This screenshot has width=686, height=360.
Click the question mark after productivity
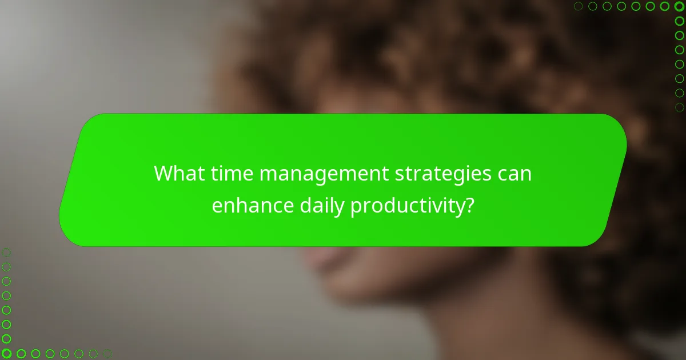tap(469, 206)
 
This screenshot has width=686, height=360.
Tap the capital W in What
tap(165, 174)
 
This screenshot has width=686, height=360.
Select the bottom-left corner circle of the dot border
tap(6, 354)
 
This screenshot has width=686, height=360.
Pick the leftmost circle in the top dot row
tap(579, 6)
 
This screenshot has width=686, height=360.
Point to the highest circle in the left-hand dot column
tap(6, 253)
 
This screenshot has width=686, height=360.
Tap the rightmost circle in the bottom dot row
tap(107, 354)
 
